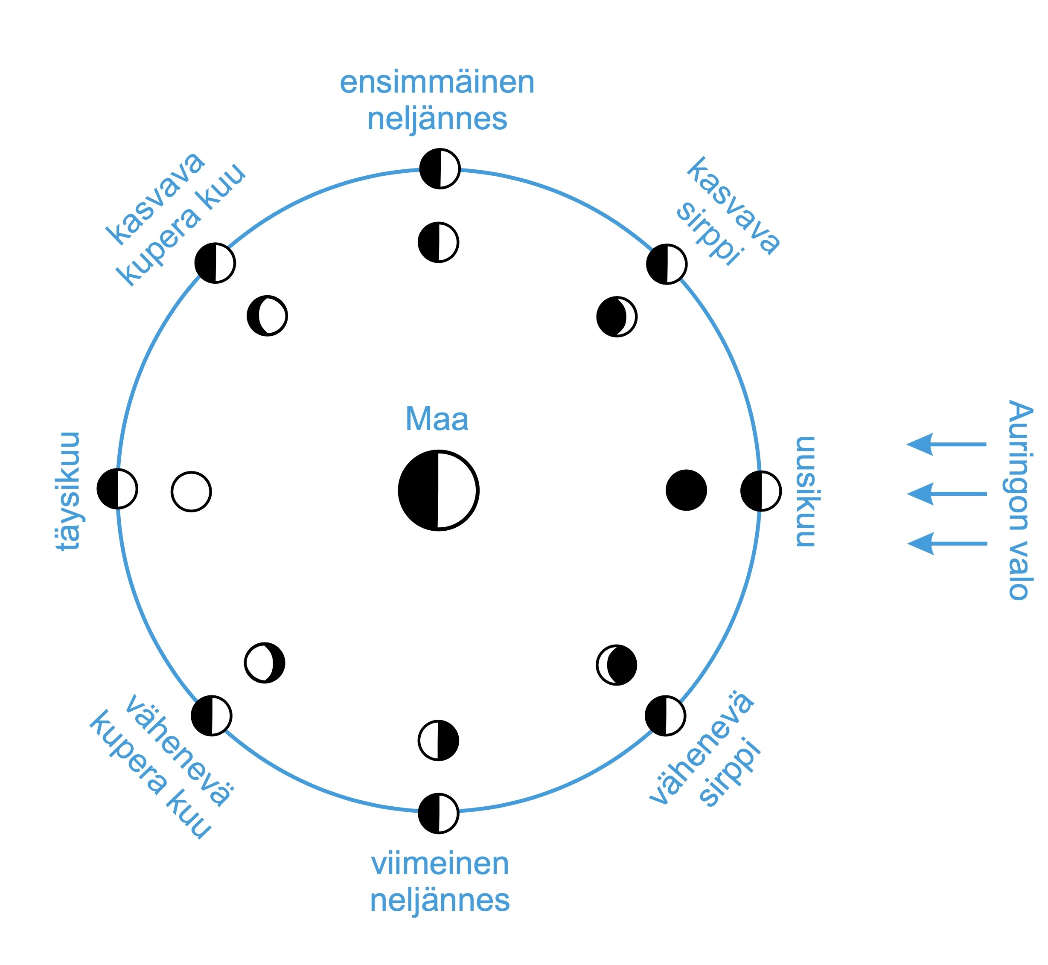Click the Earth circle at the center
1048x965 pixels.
pyautogui.click(x=438, y=490)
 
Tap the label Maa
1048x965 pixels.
pyautogui.click(x=437, y=419)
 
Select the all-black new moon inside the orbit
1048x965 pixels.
pyautogui.click(x=686, y=490)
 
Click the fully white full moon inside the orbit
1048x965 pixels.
pyautogui.click(x=191, y=491)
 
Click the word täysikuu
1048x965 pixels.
pyautogui.click(x=68, y=491)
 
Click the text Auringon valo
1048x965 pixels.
pyautogui.click(x=1019, y=500)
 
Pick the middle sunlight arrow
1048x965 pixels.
pyautogui.click(x=946, y=494)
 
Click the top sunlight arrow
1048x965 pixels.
pyautogui.click(x=946, y=445)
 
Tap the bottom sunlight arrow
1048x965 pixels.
pyautogui.click(x=946, y=544)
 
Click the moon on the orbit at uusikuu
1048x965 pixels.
pyautogui.click(x=761, y=491)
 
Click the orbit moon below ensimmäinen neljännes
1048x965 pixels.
pyautogui.click(x=440, y=169)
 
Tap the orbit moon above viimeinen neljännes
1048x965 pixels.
pyautogui.click(x=439, y=813)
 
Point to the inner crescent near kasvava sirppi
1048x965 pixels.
pyautogui.click(x=616, y=317)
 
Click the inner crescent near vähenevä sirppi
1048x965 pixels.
pyautogui.click(x=617, y=665)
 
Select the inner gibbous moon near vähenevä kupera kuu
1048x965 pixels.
pyautogui.click(x=265, y=663)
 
